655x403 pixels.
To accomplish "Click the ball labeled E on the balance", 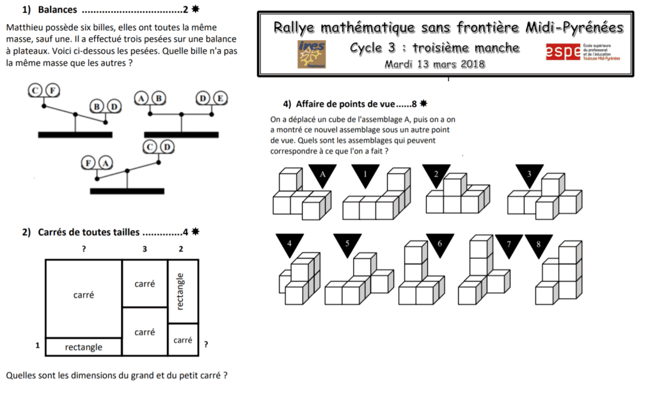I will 219,99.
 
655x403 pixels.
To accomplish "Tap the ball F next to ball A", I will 90,163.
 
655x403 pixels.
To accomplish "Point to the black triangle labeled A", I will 322,173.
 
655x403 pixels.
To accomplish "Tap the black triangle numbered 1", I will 365,174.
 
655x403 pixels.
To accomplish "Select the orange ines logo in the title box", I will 312,54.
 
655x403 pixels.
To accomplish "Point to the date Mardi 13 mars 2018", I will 434,64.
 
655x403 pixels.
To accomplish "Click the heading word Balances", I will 58,10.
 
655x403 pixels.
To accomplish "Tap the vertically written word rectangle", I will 180,292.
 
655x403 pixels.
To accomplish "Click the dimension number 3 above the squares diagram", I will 145,249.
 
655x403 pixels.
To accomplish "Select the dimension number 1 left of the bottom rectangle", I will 38,346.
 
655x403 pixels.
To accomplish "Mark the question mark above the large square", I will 83,249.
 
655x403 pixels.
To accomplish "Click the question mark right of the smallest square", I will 205,345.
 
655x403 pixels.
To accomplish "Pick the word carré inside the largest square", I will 84,295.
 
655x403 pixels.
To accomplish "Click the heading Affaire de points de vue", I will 344,103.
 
